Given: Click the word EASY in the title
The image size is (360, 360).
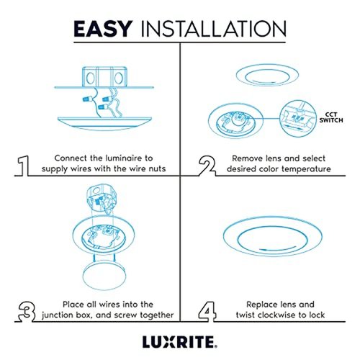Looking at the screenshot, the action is (x=103, y=29).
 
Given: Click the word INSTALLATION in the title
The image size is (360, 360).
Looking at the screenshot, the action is (x=214, y=29).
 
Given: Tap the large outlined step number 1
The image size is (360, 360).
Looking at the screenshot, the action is (x=24, y=166).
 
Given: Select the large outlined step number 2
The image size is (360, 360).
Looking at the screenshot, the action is (x=207, y=166).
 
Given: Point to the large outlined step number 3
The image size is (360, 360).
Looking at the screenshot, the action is (x=27, y=312).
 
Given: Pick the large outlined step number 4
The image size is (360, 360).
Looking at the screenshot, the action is (x=207, y=312).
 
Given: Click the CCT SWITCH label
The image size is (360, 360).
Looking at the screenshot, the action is (x=331, y=117).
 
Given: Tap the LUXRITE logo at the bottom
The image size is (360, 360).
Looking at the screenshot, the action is (x=180, y=342).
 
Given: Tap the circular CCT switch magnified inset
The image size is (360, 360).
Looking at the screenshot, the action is (x=298, y=119).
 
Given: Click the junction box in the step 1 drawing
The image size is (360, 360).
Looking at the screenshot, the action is (x=104, y=77).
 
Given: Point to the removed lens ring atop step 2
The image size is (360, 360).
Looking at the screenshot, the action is (x=267, y=75).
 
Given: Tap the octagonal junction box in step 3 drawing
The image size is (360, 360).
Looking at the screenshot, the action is (x=102, y=197).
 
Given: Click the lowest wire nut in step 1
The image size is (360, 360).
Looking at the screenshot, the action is (x=103, y=107).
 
